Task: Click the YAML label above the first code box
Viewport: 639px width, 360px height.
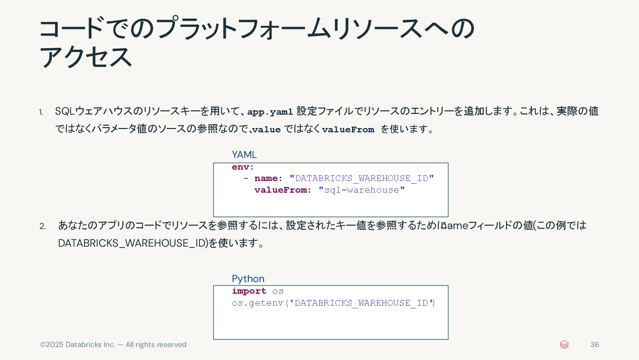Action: pos(244,155)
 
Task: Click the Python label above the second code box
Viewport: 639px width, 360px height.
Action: pos(248,279)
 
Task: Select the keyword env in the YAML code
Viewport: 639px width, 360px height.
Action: pos(240,167)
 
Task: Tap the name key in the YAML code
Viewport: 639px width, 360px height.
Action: pos(266,178)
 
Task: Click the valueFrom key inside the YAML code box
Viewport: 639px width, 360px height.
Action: pos(281,190)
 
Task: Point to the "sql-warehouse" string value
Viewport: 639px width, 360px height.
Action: pos(361,190)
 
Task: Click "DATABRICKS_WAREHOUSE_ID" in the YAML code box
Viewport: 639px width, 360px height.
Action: pos(361,178)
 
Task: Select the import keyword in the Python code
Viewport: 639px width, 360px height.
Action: pos(249,291)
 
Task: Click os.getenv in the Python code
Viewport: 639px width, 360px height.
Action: pos(257,303)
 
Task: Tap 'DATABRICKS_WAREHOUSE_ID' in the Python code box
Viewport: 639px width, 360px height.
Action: pos(361,303)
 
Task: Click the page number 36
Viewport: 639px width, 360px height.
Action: pos(594,345)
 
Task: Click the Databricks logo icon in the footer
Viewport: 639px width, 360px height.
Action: pos(564,345)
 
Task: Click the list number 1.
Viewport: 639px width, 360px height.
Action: pos(41,112)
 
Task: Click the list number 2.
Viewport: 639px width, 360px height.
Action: pos(43,226)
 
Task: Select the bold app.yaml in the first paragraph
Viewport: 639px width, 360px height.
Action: pos(270,112)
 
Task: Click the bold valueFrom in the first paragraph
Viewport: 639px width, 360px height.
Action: pos(348,129)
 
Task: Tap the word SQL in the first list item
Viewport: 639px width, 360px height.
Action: pos(65,111)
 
